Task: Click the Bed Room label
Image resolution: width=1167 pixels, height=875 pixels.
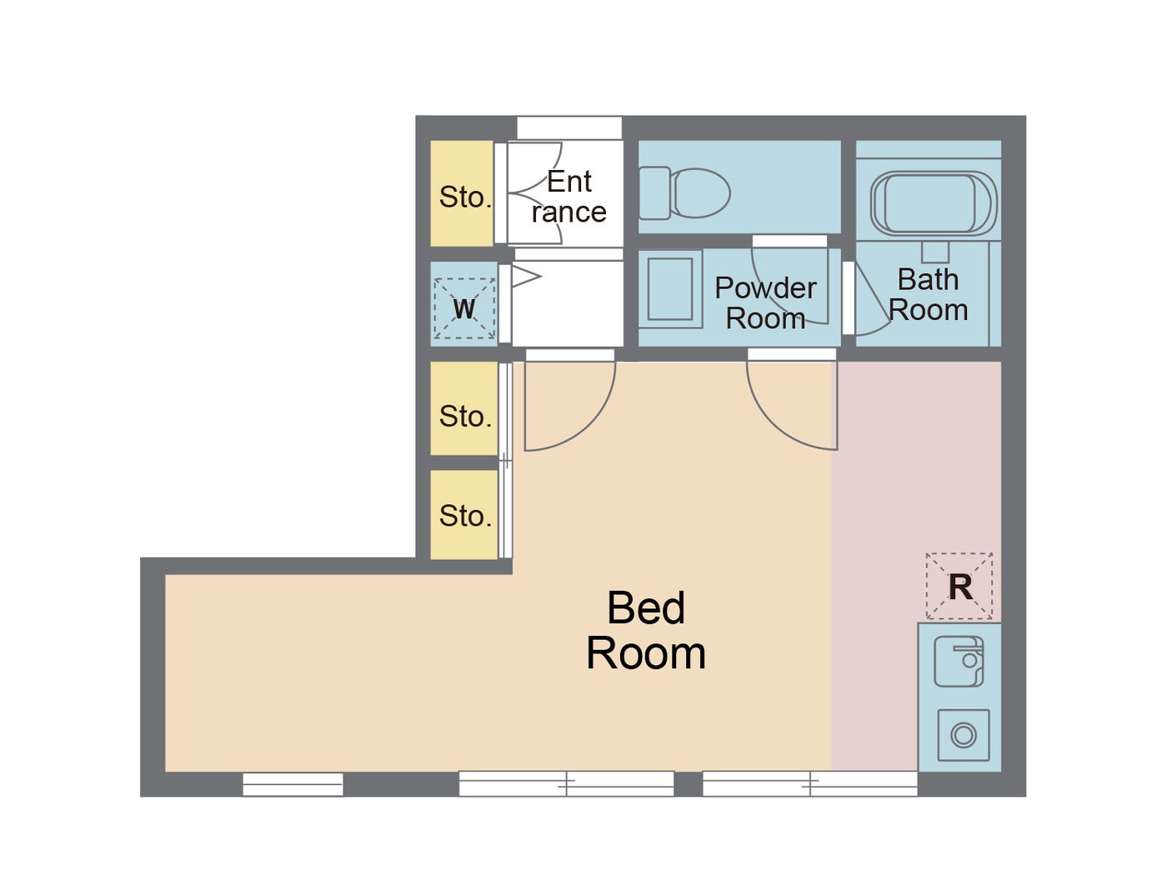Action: (646, 631)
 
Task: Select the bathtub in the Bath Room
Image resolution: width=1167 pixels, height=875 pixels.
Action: (932, 203)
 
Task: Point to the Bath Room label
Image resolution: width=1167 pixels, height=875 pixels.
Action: (928, 295)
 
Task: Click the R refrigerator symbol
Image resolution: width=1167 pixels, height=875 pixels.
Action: (959, 587)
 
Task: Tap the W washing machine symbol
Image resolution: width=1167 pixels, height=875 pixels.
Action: (464, 308)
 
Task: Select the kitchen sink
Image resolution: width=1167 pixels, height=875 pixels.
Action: (959, 662)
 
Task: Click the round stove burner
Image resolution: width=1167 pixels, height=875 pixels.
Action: (964, 735)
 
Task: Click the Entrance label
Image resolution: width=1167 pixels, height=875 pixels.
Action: (569, 197)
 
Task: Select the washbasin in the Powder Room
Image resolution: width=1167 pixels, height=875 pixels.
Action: (670, 289)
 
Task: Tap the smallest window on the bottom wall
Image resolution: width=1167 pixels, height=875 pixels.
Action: (293, 783)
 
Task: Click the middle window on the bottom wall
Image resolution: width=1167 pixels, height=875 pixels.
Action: (566, 783)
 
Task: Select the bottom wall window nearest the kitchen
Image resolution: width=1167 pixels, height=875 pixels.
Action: (809, 783)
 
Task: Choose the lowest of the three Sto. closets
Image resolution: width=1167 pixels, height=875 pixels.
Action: (463, 515)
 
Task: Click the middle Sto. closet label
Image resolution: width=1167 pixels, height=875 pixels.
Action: (465, 416)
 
